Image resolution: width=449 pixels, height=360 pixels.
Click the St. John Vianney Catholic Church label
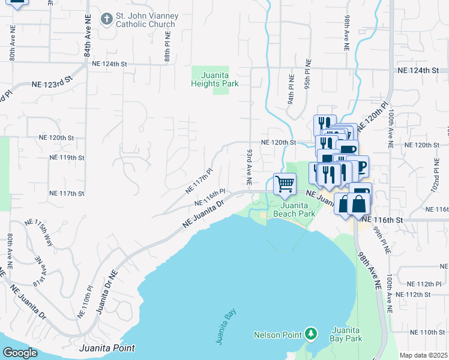coord(145,20)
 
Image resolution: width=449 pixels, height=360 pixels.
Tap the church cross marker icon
coord(106,19)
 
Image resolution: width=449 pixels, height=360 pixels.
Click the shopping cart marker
coord(285,183)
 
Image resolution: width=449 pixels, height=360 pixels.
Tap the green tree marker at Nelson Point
coord(310,332)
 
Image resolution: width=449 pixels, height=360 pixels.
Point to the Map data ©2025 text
coord(423,355)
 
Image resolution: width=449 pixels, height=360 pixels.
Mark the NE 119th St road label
coord(66,158)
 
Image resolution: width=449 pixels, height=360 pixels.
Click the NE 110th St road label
coord(424,332)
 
